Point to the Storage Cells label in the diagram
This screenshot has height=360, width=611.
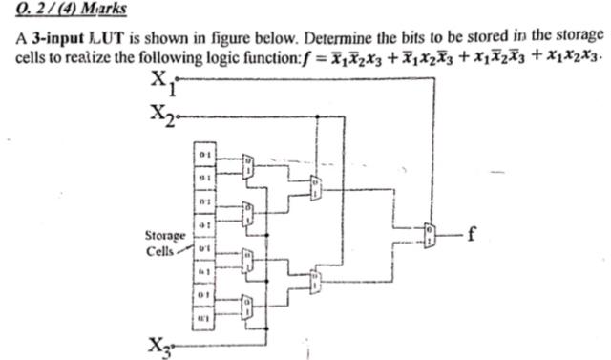pos(163,243)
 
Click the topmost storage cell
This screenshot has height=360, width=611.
pos(203,153)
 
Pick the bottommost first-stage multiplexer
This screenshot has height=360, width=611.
pos(248,305)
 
